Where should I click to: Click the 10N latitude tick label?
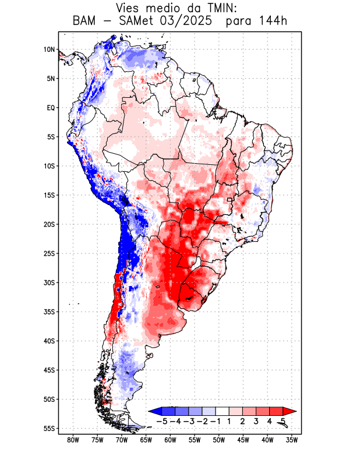coord(49,50)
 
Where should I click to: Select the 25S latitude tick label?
coord(49,253)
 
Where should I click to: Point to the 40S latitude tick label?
coord(49,341)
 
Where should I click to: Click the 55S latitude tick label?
coord(49,428)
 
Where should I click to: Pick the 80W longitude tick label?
coord(73,440)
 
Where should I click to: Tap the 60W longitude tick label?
coord(170,440)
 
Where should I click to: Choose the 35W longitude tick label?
coord(292,440)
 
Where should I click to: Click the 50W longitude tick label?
coord(218,440)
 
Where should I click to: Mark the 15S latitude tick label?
coord(49,195)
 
